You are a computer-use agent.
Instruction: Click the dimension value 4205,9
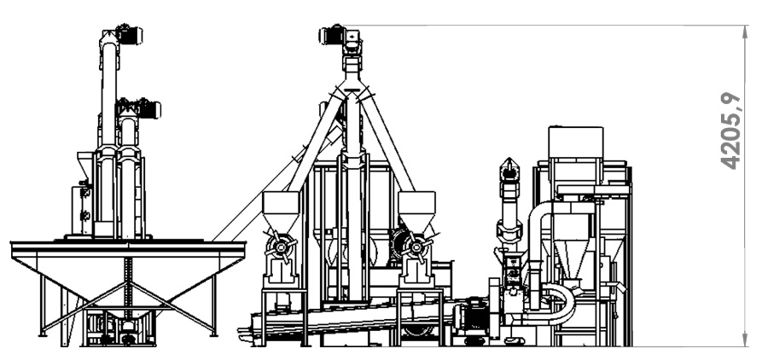click(730, 131)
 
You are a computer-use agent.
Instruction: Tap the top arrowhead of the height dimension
click(746, 31)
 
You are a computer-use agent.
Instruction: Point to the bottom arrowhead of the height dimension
click(746, 341)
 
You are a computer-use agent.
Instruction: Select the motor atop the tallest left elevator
click(128, 34)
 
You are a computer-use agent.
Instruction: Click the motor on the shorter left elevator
click(148, 109)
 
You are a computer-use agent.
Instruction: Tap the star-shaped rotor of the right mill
click(416, 247)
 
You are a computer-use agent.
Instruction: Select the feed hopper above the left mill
click(281, 211)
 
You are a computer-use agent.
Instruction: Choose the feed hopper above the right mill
click(416, 211)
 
